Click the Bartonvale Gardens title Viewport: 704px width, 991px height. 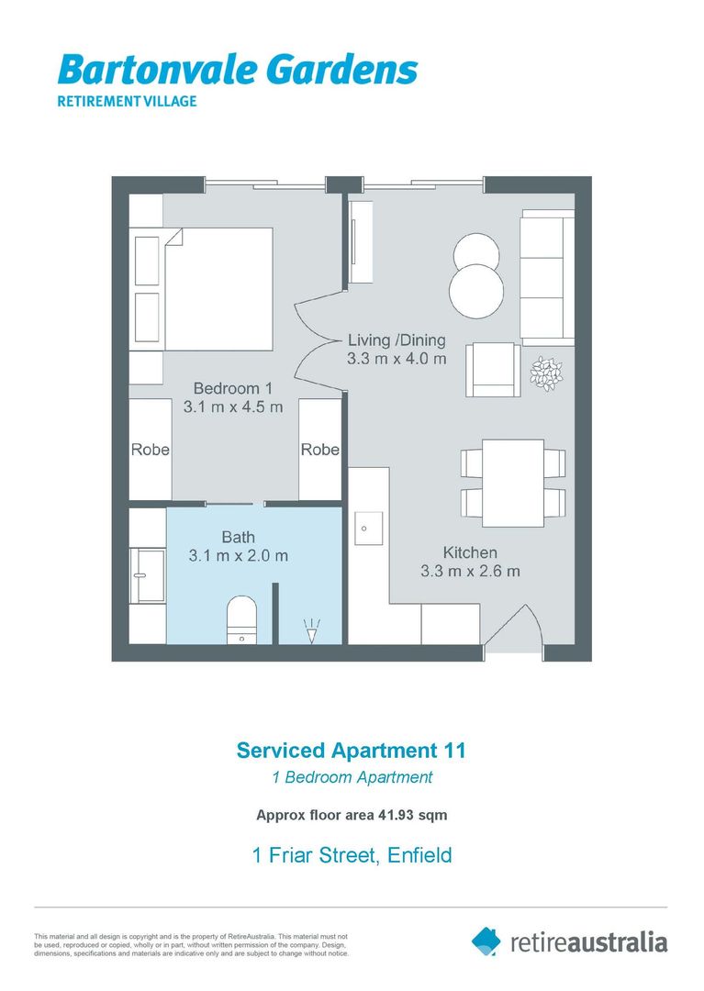pos(237,71)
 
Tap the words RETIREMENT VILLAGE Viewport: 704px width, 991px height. pos(127,101)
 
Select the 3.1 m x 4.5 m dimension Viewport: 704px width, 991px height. pos(233,407)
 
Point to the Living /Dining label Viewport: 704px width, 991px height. pos(397,340)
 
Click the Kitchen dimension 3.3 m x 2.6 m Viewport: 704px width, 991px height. pos(470,571)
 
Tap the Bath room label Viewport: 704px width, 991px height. pos(238,537)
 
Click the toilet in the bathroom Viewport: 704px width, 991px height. pos(241,618)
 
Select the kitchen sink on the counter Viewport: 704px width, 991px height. pos(368,529)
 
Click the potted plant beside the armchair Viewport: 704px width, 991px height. pos(547,373)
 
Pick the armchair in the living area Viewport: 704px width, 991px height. pos(493,370)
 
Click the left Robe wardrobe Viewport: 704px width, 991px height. pos(150,450)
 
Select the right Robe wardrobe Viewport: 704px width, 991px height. pos(319,450)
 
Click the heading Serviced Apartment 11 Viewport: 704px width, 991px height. pos(352,750)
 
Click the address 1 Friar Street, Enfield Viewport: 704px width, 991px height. pos(352,855)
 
